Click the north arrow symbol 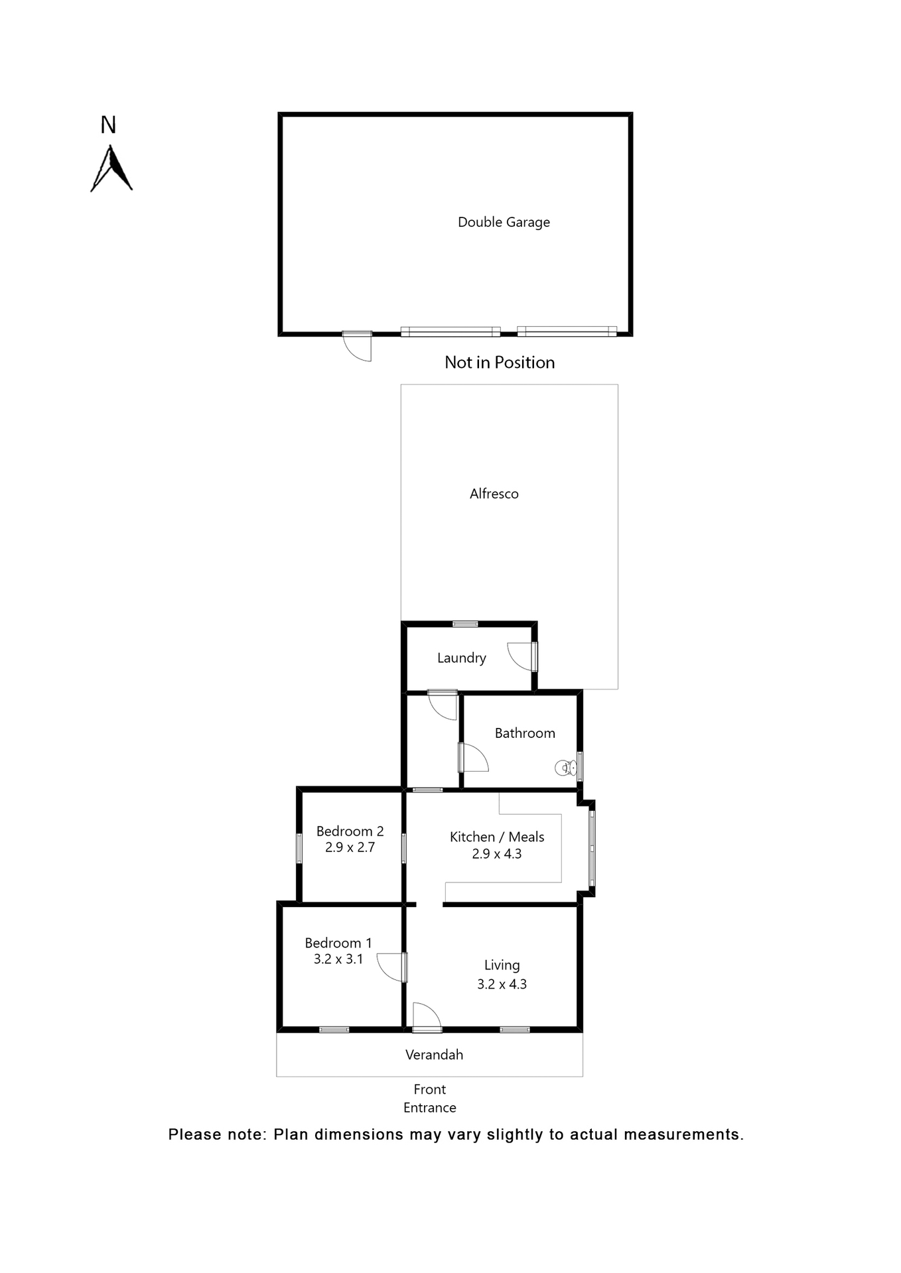(x=111, y=170)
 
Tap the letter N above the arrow (x=108, y=125)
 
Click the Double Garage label (x=504, y=222)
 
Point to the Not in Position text (x=499, y=363)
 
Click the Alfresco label (x=494, y=494)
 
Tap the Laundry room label (x=461, y=658)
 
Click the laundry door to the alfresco (x=521, y=656)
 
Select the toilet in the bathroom (x=565, y=768)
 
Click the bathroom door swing (x=473, y=758)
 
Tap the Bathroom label (x=524, y=733)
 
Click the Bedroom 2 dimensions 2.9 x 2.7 (x=350, y=847)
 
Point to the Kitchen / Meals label (x=497, y=837)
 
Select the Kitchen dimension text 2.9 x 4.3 (x=496, y=854)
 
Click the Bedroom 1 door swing (x=391, y=967)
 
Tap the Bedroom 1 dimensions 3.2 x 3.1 (x=338, y=959)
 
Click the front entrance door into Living (x=427, y=1016)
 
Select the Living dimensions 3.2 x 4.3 (x=502, y=985)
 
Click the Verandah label (x=434, y=1055)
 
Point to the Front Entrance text (x=429, y=1099)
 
